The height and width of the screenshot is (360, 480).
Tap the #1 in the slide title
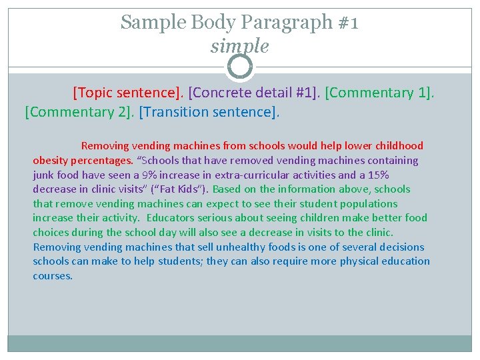pos(347,22)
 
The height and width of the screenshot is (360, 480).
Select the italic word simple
pos(239,46)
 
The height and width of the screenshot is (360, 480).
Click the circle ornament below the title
pos(240,67)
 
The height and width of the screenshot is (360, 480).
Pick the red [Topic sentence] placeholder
pos(129,92)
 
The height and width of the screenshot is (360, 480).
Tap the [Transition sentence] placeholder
pos(209,111)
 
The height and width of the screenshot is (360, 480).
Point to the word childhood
pos(398,146)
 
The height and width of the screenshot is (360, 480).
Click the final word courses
pos(53,275)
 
